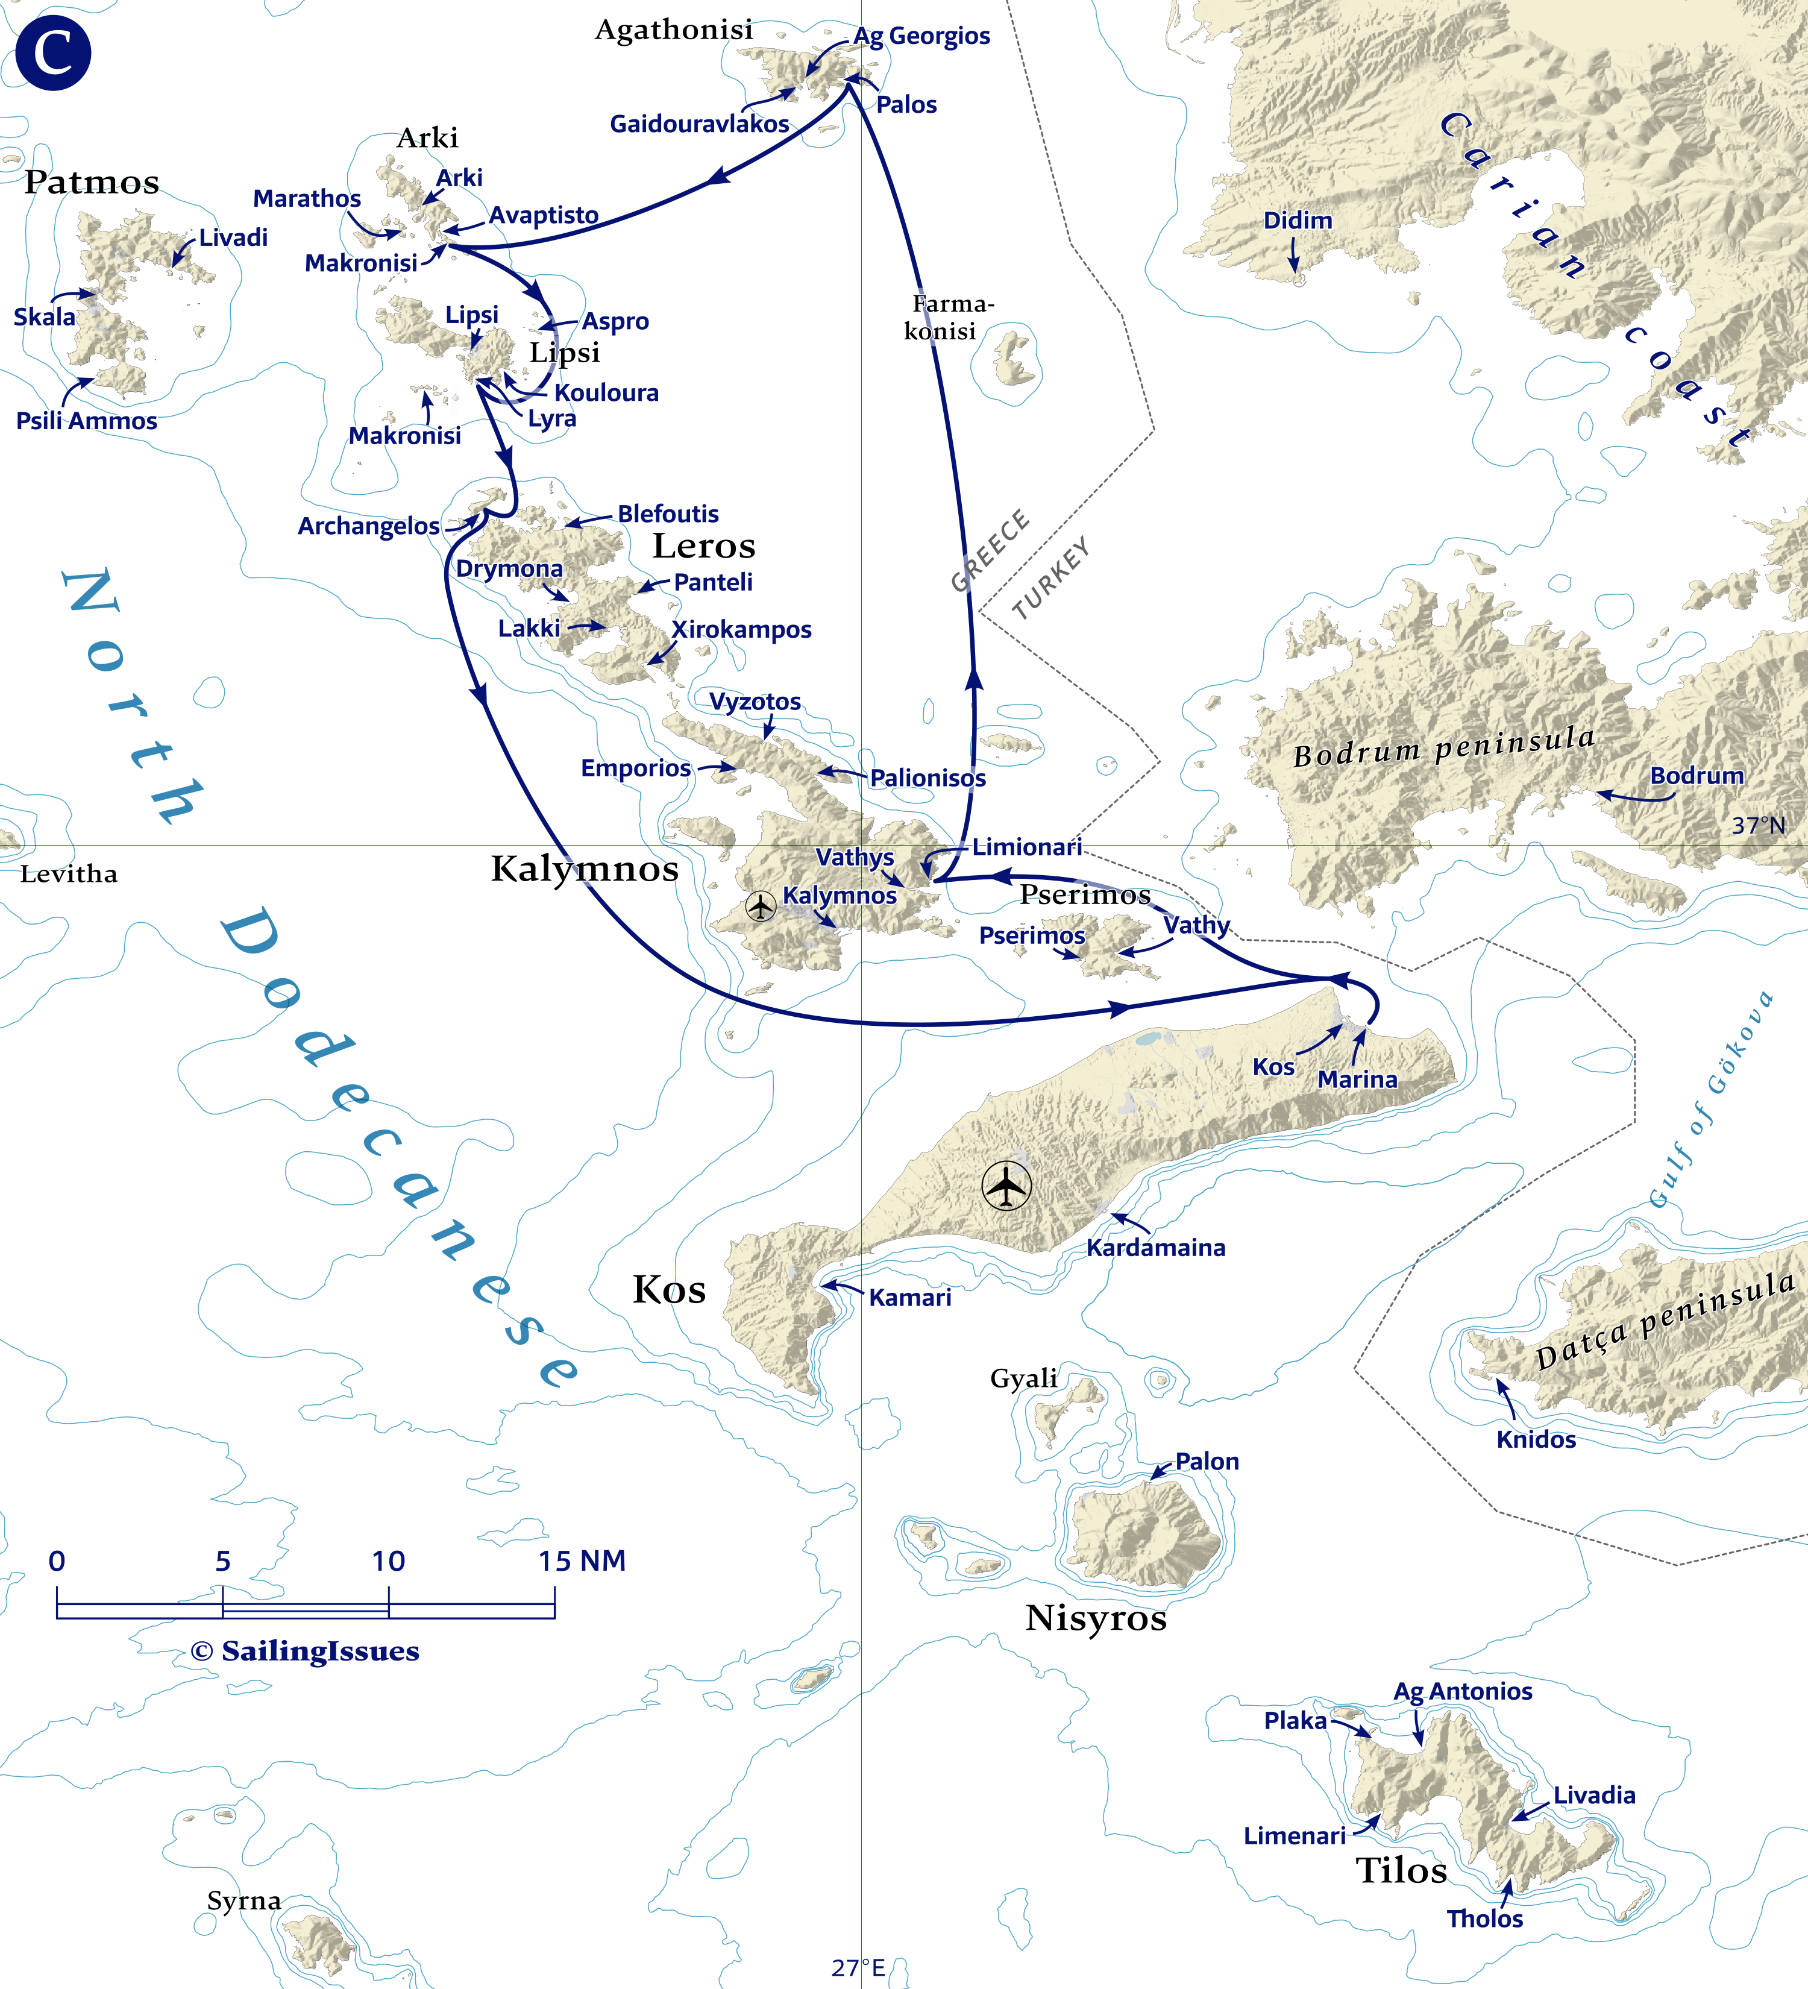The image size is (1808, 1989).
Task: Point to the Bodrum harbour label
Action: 1697,776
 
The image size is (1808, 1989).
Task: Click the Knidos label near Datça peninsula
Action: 1535,1439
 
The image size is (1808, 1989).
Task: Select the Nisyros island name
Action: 1095,1618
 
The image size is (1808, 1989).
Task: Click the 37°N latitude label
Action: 1758,826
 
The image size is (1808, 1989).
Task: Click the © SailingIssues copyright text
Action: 305,1651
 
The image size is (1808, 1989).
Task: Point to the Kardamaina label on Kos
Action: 1155,1248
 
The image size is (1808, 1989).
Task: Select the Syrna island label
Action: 243,1900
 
